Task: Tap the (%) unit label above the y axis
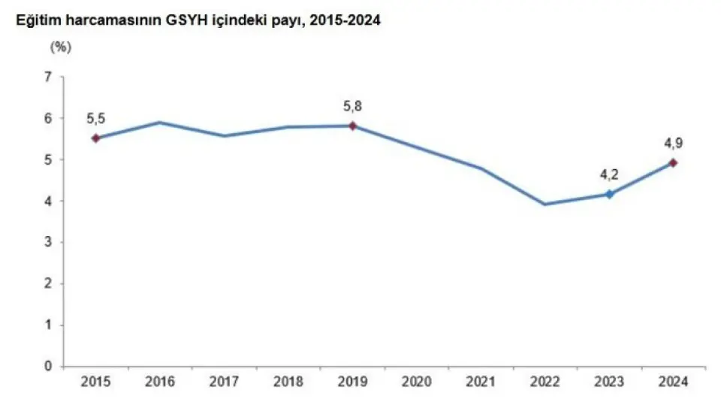coord(60,47)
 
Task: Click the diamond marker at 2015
coord(96,138)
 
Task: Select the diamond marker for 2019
coord(353,126)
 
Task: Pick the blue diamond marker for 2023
coord(609,194)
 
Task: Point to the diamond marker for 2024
coord(674,162)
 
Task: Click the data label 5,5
coord(95,119)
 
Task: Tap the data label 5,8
coord(353,105)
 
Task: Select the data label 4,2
coord(609,174)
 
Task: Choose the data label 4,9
coord(674,143)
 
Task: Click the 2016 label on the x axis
coord(160,381)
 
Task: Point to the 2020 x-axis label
coord(417,381)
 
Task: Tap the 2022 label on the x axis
coord(545,381)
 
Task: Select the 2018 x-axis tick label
coord(288,381)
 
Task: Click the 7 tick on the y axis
coord(49,77)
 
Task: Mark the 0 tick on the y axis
coord(49,367)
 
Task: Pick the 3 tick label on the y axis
coord(49,242)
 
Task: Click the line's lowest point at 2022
coord(545,204)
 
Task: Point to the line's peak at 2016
coord(160,123)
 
